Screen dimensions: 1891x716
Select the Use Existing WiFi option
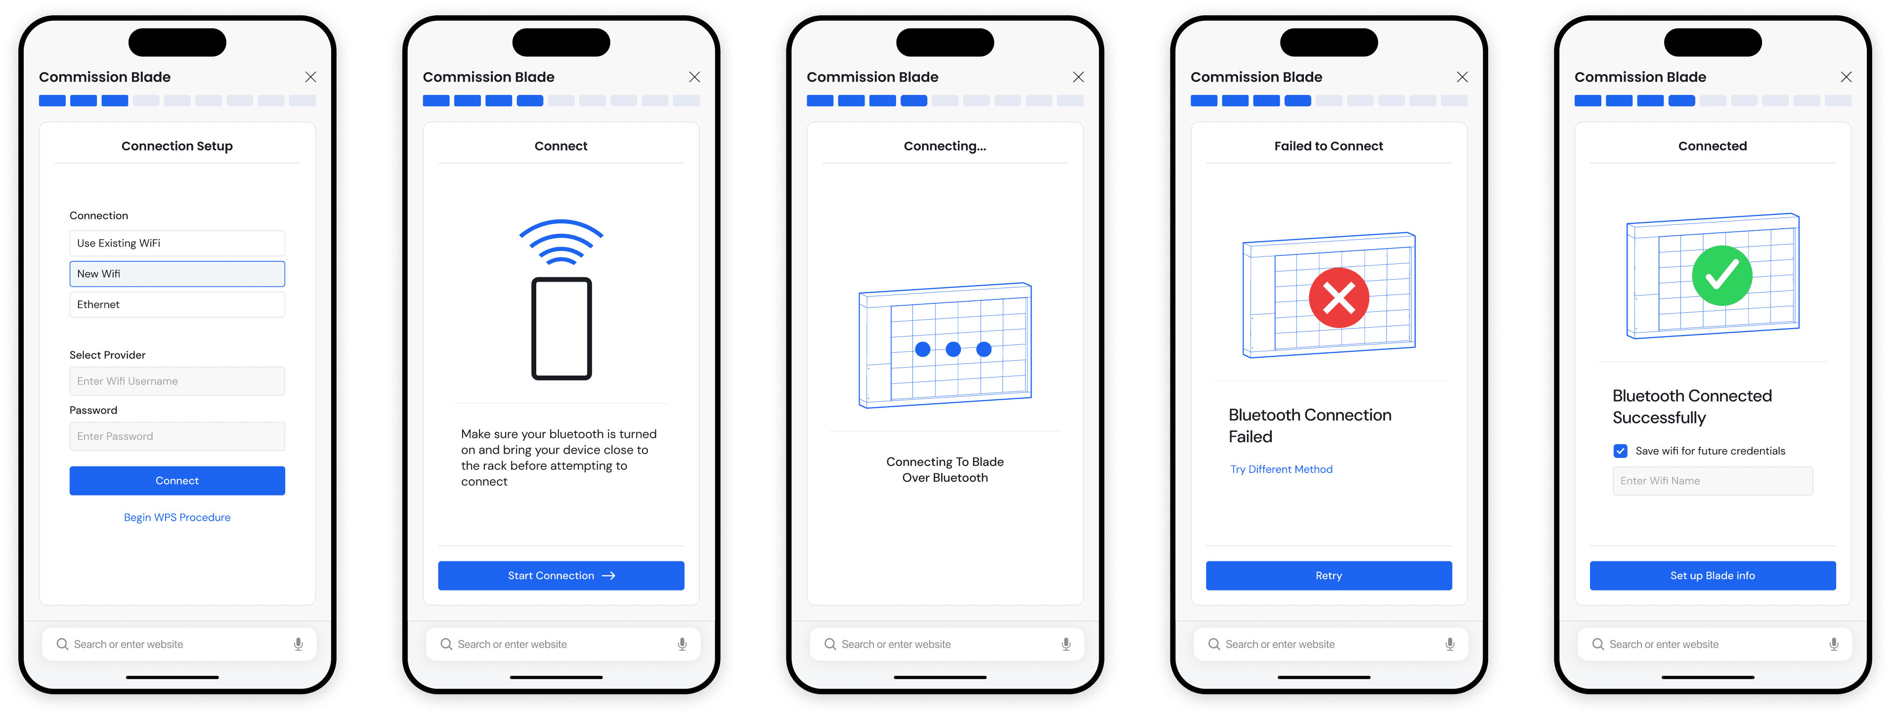click(177, 243)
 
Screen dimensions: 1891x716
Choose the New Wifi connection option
click(177, 274)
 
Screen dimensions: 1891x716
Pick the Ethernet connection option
click(177, 304)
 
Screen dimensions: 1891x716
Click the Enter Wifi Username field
click(177, 381)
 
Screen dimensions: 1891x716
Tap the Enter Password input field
click(177, 436)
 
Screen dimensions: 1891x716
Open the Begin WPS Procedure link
click(177, 517)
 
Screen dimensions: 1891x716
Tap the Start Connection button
click(561, 576)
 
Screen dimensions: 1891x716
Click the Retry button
click(1329, 576)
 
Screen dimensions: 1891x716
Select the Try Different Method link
click(1281, 469)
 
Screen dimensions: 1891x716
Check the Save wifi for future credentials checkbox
click(1620, 451)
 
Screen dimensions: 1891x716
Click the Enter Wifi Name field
click(1713, 480)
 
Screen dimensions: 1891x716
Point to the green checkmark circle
click(1722, 276)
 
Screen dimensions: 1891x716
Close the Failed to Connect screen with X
click(1462, 77)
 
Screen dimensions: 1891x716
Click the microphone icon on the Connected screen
click(1834, 644)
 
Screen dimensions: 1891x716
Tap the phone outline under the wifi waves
click(561, 328)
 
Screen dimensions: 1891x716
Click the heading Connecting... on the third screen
click(945, 146)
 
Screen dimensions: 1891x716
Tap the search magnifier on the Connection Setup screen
click(62, 644)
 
